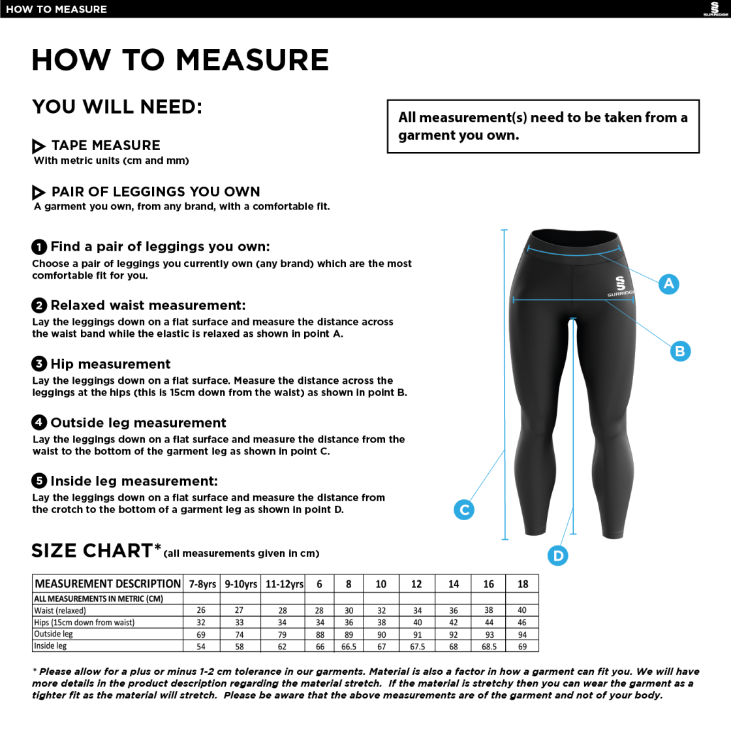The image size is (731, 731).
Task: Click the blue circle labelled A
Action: (668, 284)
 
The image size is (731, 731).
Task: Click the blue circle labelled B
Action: (680, 351)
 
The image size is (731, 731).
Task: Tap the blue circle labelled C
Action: (464, 510)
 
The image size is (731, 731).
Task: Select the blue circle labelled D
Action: (558, 555)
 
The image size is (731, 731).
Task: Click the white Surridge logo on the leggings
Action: (620, 285)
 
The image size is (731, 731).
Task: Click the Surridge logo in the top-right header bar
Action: (715, 9)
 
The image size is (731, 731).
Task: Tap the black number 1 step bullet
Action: (39, 247)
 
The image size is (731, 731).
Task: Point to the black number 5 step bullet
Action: (39, 481)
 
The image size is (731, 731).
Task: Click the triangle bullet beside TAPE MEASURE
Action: (39, 146)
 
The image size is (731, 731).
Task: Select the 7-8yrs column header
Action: (202, 584)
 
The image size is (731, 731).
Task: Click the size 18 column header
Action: (523, 584)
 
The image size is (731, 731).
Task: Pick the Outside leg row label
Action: (54, 634)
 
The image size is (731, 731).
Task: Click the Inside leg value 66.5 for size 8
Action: (349, 646)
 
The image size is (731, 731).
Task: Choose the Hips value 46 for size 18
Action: (522, 623)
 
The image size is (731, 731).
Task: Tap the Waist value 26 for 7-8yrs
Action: (201, 610)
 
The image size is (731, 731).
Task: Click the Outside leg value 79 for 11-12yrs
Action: (283, 634)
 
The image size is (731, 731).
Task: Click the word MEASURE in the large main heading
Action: (252, 60)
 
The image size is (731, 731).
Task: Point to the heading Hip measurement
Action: (110, 364)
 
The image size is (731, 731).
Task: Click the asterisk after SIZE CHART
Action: (157, 546)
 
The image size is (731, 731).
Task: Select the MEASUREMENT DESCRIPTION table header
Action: (108, 584)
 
